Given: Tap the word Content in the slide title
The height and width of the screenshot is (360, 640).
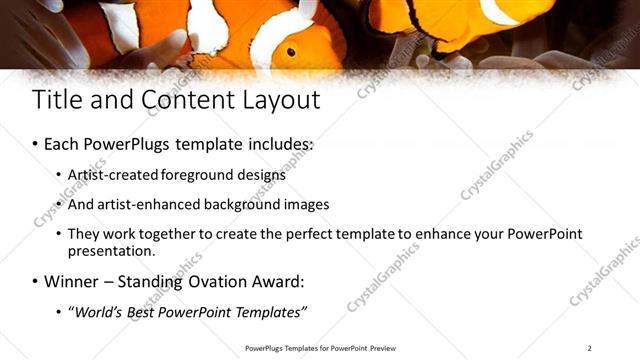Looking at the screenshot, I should (178, 100).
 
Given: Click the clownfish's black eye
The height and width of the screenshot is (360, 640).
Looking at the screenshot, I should (291, 51).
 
